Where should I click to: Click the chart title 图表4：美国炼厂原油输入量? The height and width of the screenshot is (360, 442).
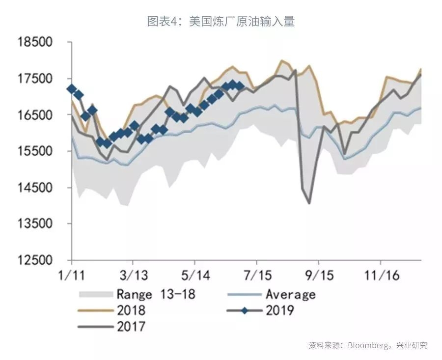click(x=221, y=21)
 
